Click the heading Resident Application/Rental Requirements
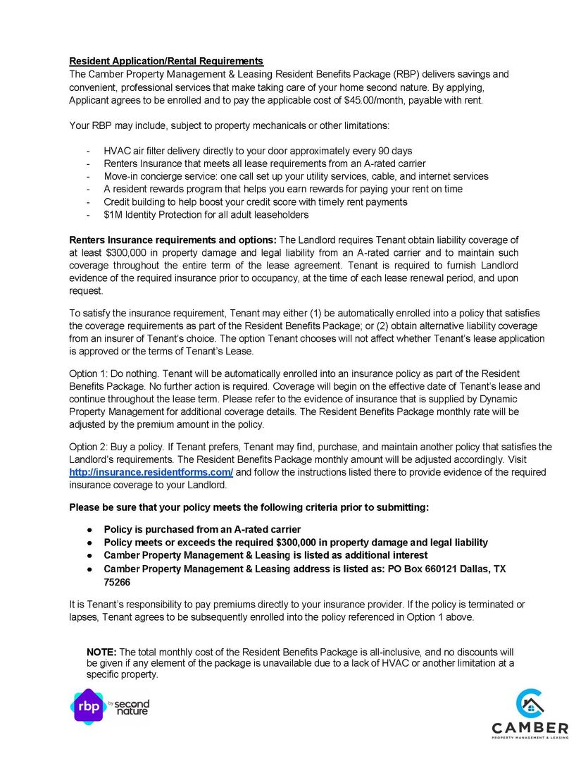tap(166, 61)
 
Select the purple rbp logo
tap(88, 705)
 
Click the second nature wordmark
tap(132, 707)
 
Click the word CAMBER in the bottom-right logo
tap(530, 727)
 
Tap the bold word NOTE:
tap(101, 652)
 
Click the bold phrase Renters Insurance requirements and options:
tap(173, 240)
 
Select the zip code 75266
tap(117, 583)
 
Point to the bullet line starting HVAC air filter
tap(258, 151)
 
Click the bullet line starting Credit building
tap(255, 202)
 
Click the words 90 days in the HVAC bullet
tap(395, 151)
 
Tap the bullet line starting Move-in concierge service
tap(296, 176)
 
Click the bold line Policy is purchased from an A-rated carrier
tap(202, 529)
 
